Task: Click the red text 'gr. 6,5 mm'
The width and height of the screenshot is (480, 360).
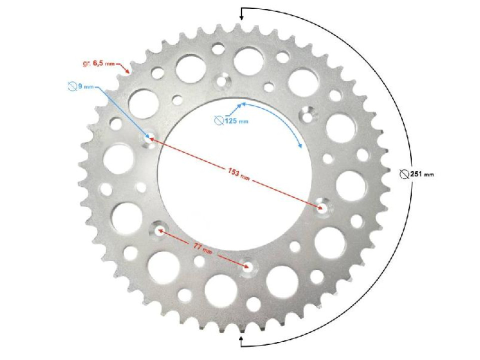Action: point(98,64)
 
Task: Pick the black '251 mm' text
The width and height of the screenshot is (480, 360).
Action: point(422,174)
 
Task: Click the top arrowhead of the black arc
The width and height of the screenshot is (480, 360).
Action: point(241,17)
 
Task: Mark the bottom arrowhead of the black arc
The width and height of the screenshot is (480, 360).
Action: point(241,340)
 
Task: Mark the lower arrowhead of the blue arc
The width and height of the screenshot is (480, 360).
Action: point(300,147)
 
